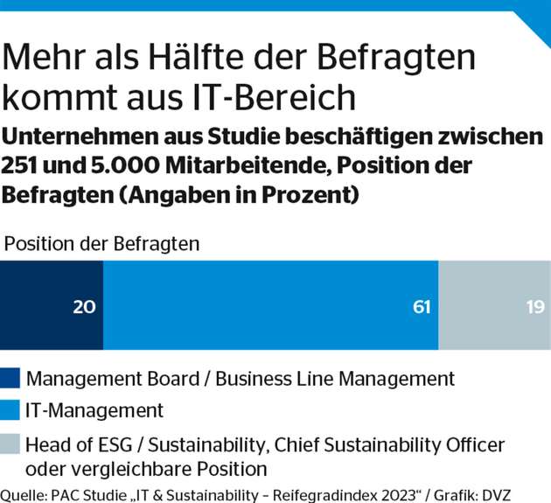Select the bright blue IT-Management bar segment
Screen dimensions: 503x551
pos(262,305)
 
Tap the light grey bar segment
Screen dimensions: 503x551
pos(494,305)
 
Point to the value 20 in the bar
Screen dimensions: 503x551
pos(84,306)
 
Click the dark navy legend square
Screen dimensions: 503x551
pos(11,379)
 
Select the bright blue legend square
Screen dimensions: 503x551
pos(11,409)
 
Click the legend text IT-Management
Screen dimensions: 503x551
pos(95,409)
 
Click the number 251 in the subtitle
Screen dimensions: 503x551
pos(24,166)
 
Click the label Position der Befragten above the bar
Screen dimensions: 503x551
pos(102,243)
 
